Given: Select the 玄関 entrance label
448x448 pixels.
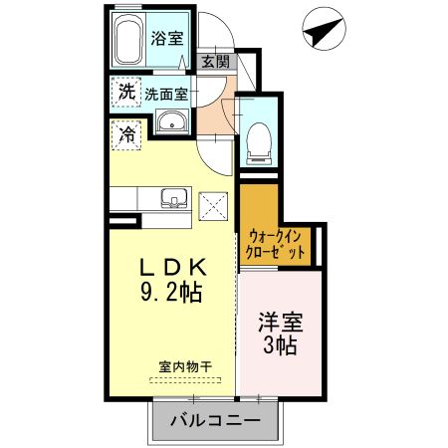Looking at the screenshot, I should (215, 62).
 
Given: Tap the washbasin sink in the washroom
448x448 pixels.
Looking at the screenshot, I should (172, 123).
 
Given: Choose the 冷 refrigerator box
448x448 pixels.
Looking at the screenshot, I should (126, 132).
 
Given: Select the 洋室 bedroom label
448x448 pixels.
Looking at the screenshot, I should (281, 324).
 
